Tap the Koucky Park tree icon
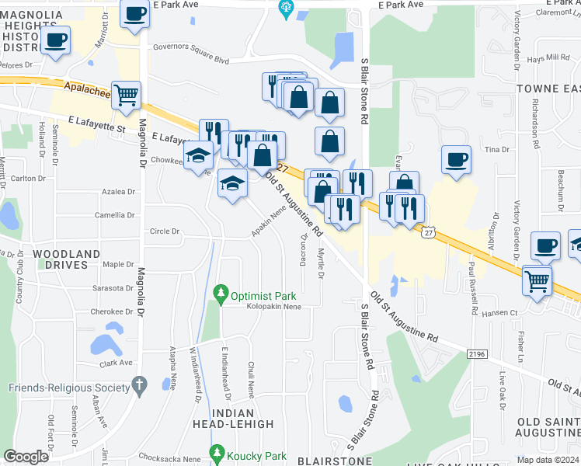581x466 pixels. click(x=217, y=452)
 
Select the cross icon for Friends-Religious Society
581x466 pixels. click(x=139, y=384)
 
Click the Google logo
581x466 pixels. click(x=26, y=457)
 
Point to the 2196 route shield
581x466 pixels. click(x=477, y=354)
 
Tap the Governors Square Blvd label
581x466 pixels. click(x=190, y=59)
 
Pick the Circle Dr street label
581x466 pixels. click(x=165, y=231)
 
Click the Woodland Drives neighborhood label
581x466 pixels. click(x=66, y=259)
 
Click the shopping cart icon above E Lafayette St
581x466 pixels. click(x=126, y=96)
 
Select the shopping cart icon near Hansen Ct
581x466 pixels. click(x=538, y=280)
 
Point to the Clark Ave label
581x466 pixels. click(x=116, y=363)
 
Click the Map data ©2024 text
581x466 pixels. click(x=548, y=460)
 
